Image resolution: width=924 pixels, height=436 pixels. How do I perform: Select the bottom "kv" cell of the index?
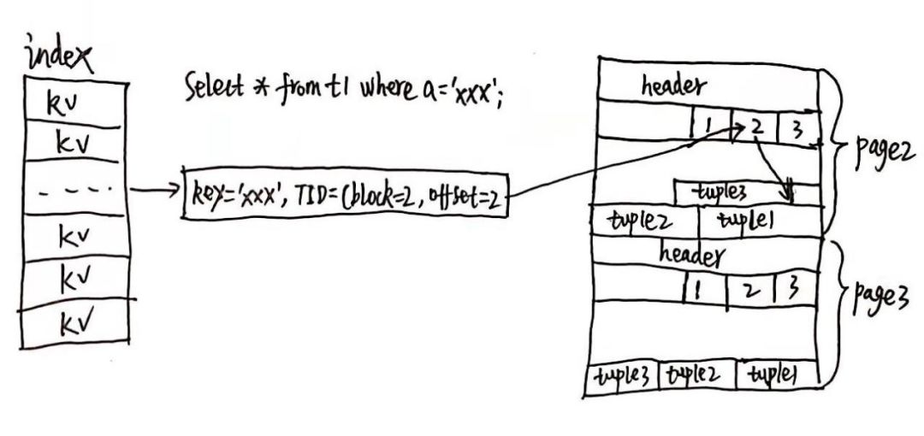(x=74, y=322)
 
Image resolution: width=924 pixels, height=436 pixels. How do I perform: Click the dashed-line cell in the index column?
(x=74, y=188)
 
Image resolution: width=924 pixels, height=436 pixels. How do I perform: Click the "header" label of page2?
(x=673, y=86)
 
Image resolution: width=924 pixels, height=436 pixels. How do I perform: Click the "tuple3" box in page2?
(x=747, y=192)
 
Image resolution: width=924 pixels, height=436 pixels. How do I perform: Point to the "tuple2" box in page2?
(x=645, y=221)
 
